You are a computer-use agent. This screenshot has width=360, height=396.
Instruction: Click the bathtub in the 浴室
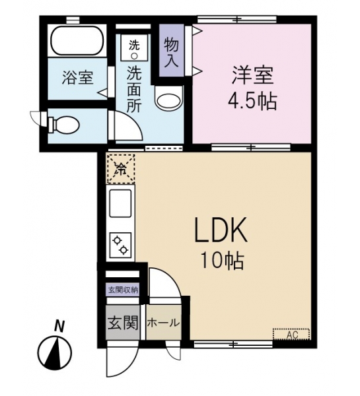77,40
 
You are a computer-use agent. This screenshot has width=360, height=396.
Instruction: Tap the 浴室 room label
77,77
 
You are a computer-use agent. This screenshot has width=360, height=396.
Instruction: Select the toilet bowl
65,124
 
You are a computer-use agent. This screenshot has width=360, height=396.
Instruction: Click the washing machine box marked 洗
134,48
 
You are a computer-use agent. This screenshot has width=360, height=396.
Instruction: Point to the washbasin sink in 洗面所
168,98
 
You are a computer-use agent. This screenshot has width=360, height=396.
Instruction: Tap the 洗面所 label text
133,89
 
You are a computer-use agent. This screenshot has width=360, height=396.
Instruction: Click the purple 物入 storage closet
171,50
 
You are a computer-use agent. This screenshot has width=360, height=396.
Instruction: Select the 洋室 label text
253,75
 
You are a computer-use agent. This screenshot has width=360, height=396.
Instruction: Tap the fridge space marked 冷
121,168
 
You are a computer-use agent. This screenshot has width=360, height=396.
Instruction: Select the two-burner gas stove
120,245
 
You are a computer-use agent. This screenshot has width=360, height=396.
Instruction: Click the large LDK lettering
220,230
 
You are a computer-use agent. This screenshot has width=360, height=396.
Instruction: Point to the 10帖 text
223,261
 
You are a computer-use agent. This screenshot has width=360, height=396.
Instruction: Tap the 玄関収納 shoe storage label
123,290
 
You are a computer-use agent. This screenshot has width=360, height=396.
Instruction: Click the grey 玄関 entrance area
123,323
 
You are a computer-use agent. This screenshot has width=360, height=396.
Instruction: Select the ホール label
163,323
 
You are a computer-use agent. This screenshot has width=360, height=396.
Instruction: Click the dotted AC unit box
291,335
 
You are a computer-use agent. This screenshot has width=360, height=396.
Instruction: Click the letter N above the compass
59,326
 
